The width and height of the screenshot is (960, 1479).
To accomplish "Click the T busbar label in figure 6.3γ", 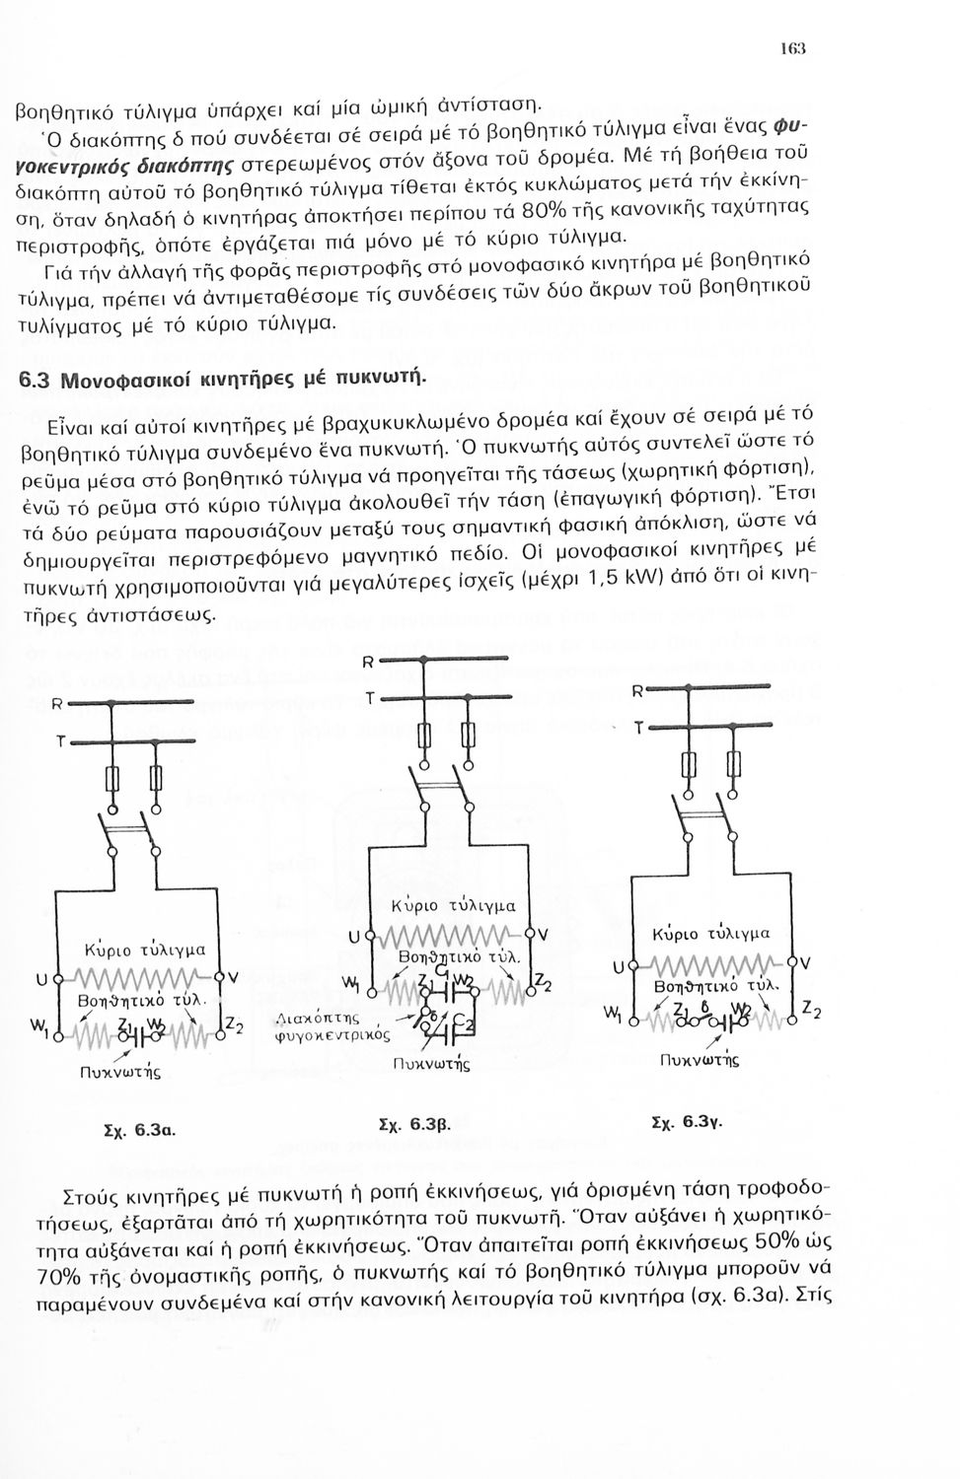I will pos(639,729).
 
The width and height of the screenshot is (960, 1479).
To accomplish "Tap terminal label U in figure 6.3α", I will pos(40,979).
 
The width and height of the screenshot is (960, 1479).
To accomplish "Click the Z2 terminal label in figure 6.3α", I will pos(235,1026).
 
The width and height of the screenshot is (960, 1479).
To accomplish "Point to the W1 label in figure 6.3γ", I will pos(613,1014).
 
